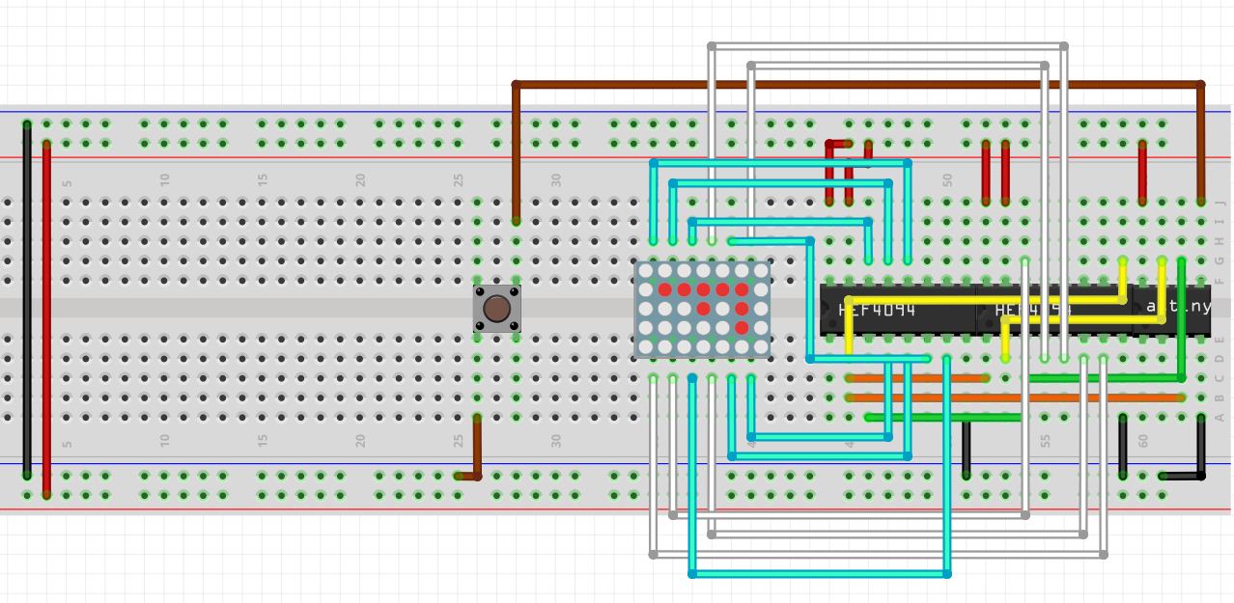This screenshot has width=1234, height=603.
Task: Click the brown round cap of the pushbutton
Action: coord(496,309)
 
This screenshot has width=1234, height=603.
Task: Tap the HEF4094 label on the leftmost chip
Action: coord(877,311)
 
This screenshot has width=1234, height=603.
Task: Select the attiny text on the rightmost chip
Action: coord(1177,307)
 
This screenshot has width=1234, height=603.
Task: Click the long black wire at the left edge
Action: coord(27,299)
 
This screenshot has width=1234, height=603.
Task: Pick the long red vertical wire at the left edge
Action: coord(46,318)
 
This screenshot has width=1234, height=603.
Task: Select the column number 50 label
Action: coord(947,180)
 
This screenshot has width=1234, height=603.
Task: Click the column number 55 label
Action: coord(1045,440)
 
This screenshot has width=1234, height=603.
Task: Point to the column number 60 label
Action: coord(1142,440)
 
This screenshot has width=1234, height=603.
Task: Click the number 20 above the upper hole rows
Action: coord(360,180)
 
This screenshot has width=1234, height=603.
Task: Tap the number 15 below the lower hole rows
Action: coord(262,440)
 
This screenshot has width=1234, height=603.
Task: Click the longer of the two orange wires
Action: coord(1014,397)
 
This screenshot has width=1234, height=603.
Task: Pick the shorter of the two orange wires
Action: coord(917,378)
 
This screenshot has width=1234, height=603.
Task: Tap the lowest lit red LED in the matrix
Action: coord(742,328)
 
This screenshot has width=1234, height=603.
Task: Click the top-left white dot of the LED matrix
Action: coord(645,271)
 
